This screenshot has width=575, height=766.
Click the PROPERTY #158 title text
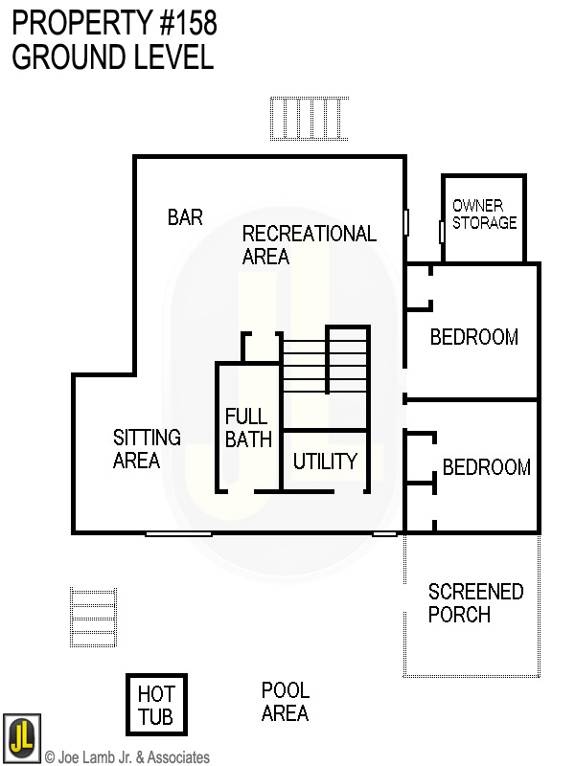[114, 24]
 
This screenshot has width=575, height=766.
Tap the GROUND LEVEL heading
[112, 57]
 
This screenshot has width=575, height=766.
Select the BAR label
[185, 217]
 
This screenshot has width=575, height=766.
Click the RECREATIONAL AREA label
[309, 245]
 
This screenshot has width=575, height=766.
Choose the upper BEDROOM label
[473, 337]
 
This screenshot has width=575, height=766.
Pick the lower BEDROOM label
[486, 467]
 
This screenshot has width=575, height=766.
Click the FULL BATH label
[248, 428]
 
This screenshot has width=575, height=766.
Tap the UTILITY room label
[325, 462]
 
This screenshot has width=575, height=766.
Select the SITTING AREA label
[147, 449]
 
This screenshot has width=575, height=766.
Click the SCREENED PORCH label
[475, 603]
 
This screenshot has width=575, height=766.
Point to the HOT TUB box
[156, 705]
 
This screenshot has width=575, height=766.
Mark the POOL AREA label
[285, 702]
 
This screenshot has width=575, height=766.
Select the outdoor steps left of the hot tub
[93, 619]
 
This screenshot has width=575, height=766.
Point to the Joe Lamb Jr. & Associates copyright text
[126, 757]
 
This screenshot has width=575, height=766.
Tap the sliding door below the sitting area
[178, 533]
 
